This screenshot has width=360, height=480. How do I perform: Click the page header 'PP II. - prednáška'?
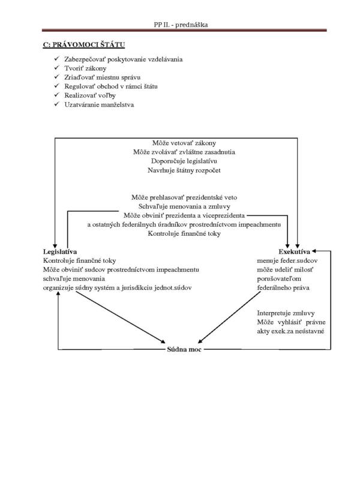pos(181,25)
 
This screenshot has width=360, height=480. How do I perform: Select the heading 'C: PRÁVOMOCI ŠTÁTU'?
pos(83,44)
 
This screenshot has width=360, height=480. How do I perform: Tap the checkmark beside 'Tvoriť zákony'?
pos(56,68)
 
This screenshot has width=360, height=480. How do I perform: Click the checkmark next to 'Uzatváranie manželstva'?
pos(56,104)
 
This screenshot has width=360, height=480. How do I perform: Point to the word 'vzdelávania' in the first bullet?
pos(166,59)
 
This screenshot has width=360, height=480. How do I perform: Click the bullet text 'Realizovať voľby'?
pos(90,95)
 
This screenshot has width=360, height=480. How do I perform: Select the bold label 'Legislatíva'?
pos(60,251)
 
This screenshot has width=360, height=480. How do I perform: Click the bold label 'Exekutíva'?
pos(294,251)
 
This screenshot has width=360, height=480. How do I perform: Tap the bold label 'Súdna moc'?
pos(184,349)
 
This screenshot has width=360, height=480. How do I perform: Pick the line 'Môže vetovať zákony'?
pos(184,143)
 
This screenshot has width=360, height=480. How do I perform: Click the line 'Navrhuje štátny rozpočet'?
pos(184,170)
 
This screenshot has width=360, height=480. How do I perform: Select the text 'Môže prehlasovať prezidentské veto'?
pos(184,197)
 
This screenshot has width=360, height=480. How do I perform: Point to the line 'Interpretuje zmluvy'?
pos(286,313)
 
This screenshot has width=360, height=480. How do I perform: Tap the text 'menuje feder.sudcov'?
pos(287,261)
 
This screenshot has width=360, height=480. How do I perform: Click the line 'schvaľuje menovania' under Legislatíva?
pos(74,279)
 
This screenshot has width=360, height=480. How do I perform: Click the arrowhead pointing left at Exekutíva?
pos(314,251)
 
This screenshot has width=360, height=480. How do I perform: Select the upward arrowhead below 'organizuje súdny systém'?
pos(58,293)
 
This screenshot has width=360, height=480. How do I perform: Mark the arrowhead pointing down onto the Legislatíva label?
pos(55,245)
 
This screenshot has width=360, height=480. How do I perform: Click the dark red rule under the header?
pos(184,31)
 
